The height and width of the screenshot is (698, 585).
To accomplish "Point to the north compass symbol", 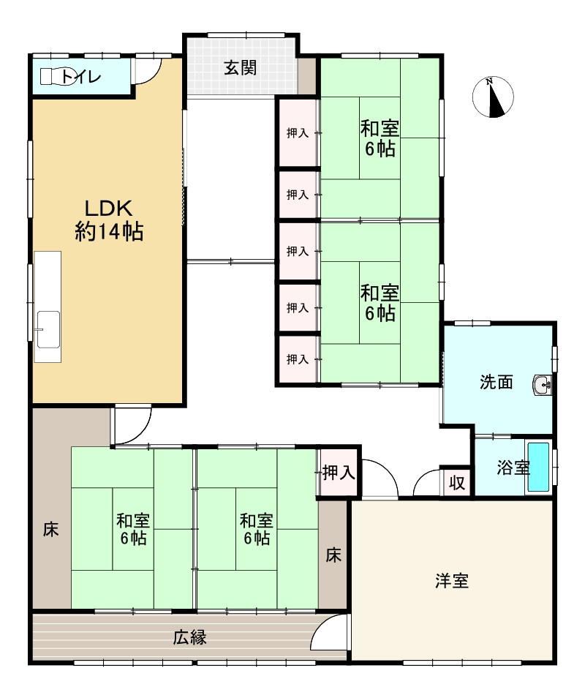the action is point(493,97).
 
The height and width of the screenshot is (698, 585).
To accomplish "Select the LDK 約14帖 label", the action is point(109,219).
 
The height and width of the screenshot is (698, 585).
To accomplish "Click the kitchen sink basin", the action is point(48,329).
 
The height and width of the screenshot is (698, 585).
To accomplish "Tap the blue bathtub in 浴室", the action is point(538,467).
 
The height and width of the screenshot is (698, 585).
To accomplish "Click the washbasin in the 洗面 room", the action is point(543,385).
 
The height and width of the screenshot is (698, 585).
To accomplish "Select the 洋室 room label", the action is point(452,581).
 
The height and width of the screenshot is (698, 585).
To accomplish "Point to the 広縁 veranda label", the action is point(189,637).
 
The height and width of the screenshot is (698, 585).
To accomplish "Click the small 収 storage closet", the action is point(457,482).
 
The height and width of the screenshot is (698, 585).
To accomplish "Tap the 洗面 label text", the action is point(497,382).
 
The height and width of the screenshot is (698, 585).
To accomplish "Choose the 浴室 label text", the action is point(513,468).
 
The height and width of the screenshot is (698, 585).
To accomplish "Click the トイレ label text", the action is point(81,77).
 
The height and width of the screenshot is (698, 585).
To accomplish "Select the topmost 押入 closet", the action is point(298,132).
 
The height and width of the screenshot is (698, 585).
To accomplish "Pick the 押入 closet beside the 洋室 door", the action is point(338,473).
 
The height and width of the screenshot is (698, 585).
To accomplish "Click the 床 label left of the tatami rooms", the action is point(50,530).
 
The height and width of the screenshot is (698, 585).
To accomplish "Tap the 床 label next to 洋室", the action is point(333,555).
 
